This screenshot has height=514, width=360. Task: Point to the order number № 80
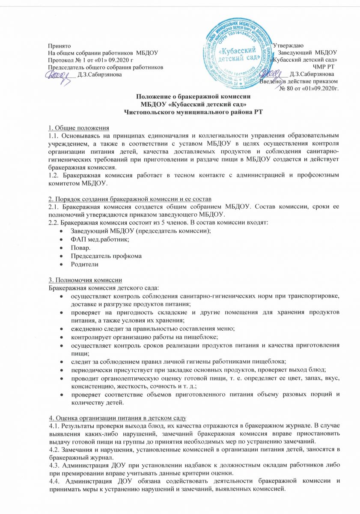click(286, 89)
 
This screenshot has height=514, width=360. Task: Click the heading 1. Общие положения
click(78, 128)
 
